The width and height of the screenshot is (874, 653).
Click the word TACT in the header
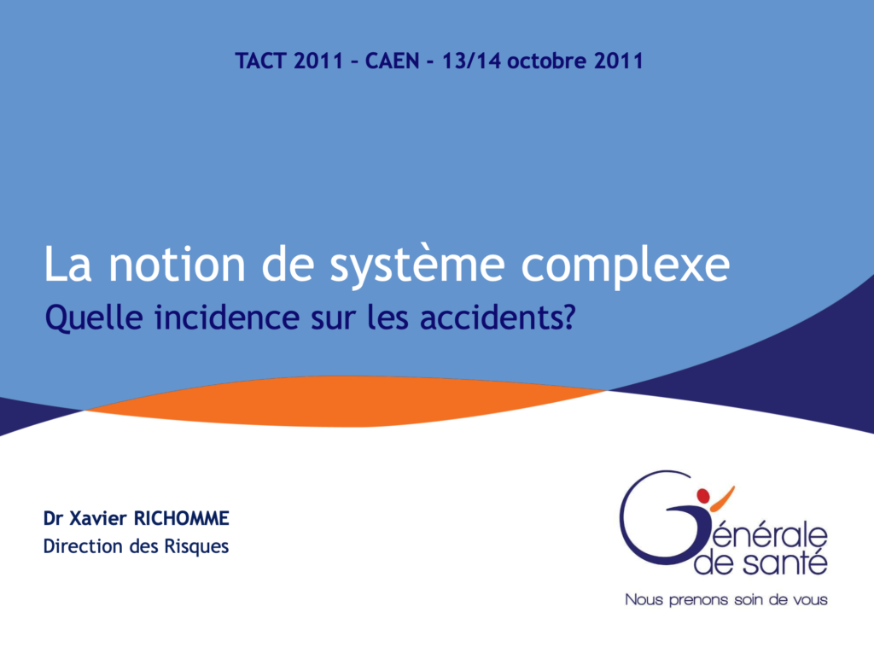coord(261,61)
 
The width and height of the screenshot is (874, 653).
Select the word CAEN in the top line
coord(393,61)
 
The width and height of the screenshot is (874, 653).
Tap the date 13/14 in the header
coord(471,61)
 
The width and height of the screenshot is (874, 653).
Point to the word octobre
coord(546,61)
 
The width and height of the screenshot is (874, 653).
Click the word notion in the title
coord(177,265)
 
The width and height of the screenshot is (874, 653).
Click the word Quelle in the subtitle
coord(94,318)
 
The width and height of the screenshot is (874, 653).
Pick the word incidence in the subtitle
coord(227,318)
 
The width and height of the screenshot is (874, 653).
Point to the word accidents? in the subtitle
coord(498,318)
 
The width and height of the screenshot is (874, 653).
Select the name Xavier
coord(98,519)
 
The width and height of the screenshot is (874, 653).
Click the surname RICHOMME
coord(181,519)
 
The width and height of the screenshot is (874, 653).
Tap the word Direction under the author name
coord(83,546)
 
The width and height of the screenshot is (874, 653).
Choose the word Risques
coord(196,547)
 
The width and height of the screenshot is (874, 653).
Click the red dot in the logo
coord(703,496)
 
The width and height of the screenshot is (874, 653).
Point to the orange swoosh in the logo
coord(721,499)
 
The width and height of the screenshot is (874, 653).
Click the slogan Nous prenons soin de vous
coord(726,599)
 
